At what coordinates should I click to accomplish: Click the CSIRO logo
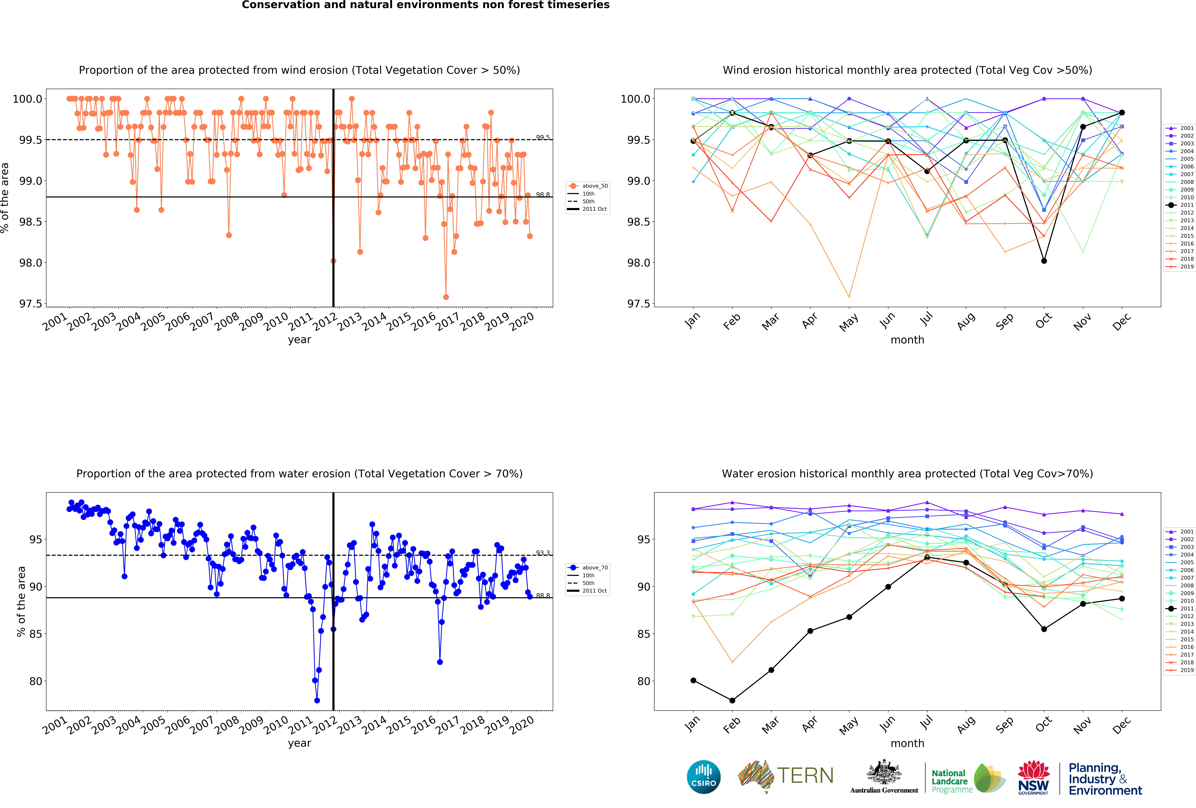coord(703,777)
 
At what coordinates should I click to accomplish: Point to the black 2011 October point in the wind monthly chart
coord(1044,261)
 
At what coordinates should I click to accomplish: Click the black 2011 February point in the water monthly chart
coord(732,700)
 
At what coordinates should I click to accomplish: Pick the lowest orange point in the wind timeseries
coord(446,297)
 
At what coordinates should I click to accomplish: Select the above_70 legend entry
coord(594,568)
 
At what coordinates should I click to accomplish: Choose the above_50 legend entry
coord(594,186)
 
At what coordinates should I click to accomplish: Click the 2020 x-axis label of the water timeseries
coord(522,726)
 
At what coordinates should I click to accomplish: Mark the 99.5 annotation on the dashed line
coord(542,137)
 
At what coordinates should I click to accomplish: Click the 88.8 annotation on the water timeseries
coord(542,595)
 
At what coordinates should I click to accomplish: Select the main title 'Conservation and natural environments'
coord(426,5)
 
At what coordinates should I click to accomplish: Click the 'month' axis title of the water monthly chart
coord(907,743)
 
